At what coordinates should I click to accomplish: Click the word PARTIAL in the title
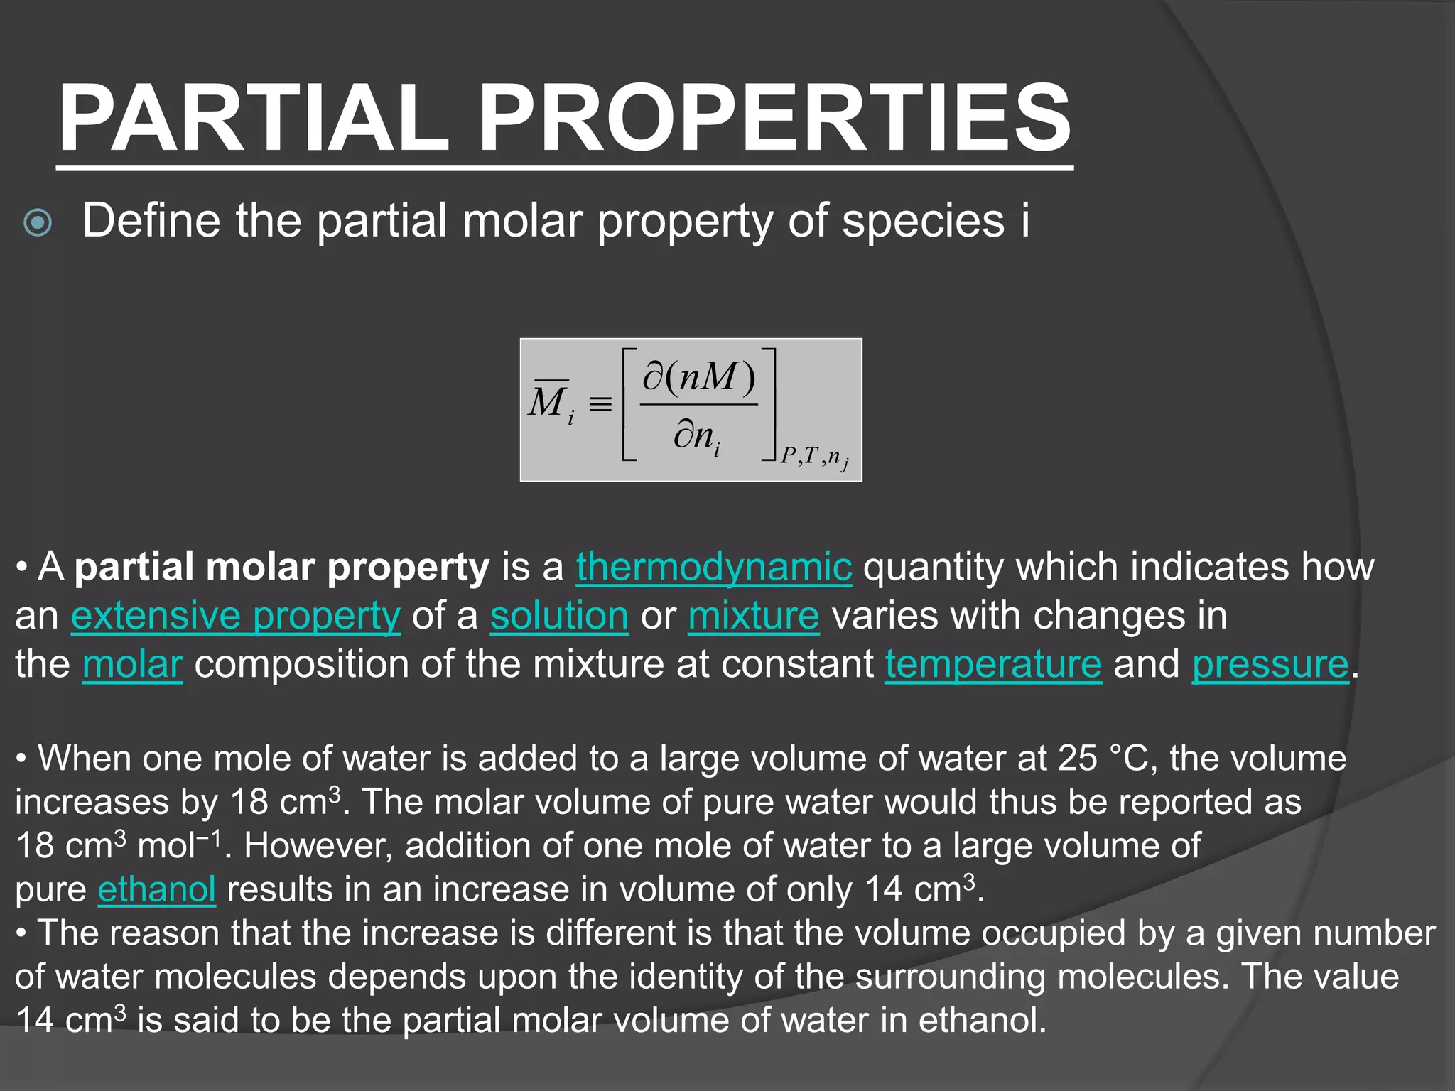click(254, 119)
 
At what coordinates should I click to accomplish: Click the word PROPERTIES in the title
click(774, 119)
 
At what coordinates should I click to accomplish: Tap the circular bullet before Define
click(38, 223)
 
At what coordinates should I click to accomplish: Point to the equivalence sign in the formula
click(600, 406)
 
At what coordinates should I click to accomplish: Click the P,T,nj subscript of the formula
click(814, 457)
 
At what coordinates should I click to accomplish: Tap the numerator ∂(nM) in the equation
click(698, 376)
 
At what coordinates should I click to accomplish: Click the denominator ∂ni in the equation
click(697, 435)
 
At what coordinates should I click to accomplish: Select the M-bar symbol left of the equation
click(549, 402)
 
